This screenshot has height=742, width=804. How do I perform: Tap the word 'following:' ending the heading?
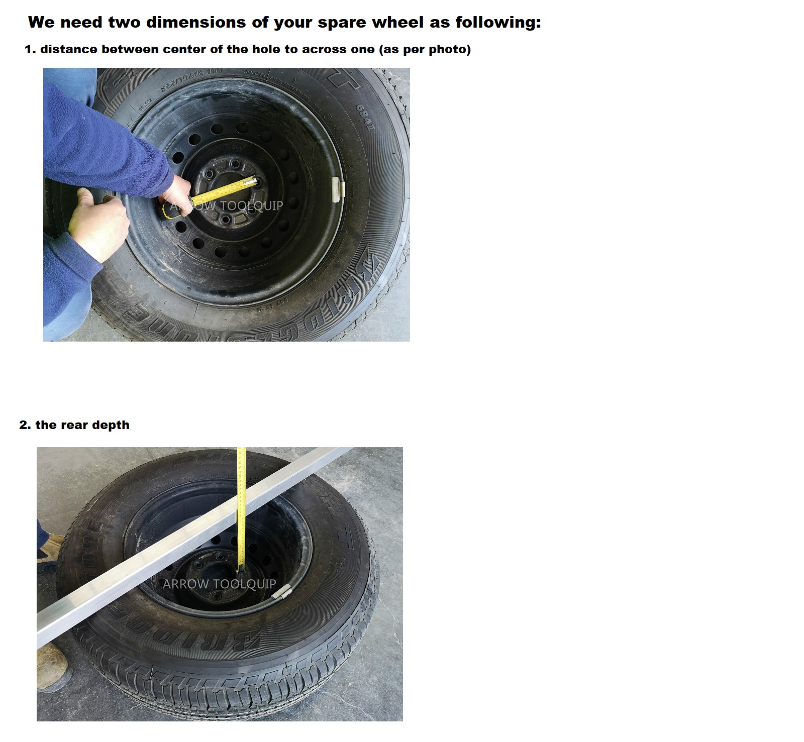pos(498,23)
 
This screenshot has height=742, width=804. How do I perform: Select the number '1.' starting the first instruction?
pos(30,49)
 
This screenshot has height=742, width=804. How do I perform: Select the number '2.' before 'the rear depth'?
pos(25,425)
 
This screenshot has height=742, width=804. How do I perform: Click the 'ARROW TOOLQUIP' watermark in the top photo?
pos(226,205)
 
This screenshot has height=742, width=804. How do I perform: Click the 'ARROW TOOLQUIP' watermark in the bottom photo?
pos(219,584)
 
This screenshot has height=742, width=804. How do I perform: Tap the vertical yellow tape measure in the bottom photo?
pos(242,502)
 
